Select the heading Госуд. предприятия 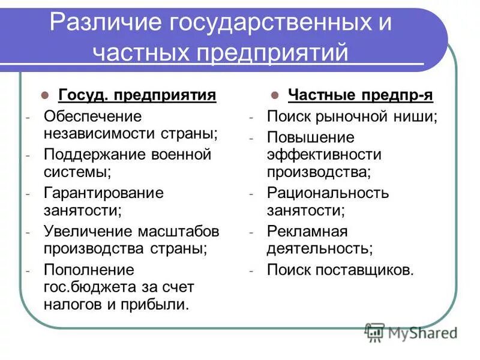[137, 95]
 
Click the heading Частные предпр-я [360, 95]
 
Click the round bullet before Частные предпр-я [274, 95]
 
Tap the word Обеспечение [92, 116]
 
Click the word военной [182, 154]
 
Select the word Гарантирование [103, 193]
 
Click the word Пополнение [89, 269]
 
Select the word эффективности [324, 154]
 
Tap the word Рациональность [328, 193]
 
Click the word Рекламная [307, 231]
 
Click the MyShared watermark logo [411, 331]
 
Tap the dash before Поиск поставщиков [253, 270]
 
